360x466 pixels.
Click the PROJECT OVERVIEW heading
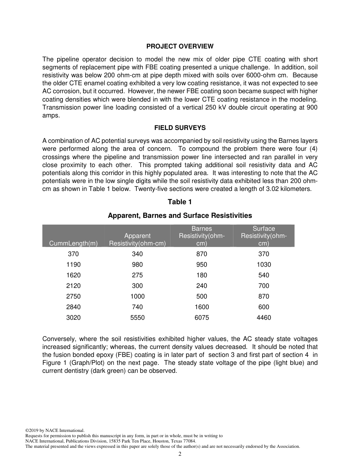pyautogui.click(x=180, y=46)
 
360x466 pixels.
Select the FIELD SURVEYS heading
pyautogui.click(x=180, y=128)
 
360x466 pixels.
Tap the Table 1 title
pyautogui.click(x=180, y=202)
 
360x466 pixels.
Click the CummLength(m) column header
pyautogui.click(x=74, y=243)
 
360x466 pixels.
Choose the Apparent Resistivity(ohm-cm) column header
pyautogui.click(x=137, y=239)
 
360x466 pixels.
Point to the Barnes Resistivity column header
pyautogui.click(x=202, y=236)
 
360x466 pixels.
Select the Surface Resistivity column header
pyautogui.click(x=264, y=236)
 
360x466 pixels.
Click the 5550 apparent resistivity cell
pyautogui.click(x=137, y=317)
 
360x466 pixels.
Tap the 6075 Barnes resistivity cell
pyautogui.click(x=202, y=317)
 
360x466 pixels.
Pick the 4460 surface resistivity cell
pyautogui.click(x=264, y=317)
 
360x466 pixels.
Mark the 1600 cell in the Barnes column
pyautogui.click(x=202, y=307)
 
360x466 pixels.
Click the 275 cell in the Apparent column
pyautogui.click(x=137, y=275)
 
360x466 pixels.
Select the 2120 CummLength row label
pyautogui.click(x=74, y=286)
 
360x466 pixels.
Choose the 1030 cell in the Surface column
pyautogui.click(x=264, y=264)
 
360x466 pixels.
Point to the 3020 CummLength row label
pyautogui.click(x=74, y=317)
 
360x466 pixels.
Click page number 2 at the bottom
pyautogui.click(x=180, y=454)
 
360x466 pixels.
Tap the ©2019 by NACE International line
pyautogui.click(x=55, y=430)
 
